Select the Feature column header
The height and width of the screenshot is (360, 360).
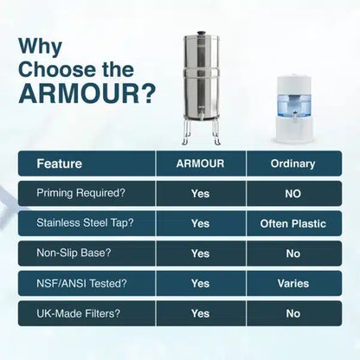(60, 163)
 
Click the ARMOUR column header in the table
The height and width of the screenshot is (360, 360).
(200, 163)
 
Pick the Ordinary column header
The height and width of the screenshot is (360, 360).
(292, 163)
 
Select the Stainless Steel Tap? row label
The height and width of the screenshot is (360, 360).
(84, 223)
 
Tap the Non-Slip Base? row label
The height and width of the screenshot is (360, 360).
(72, 254)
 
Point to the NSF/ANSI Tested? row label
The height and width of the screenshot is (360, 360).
(81, 283)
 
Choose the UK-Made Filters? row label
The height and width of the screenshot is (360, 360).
(77, 312)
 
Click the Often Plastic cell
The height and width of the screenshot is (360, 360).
(292, 223)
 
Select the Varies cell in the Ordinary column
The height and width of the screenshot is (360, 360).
(292, 283)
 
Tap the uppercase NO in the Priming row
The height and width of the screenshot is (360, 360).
(292, 194)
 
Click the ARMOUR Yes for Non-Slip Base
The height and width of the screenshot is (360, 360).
(200, 254)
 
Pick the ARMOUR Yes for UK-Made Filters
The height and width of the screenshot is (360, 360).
(200, 312)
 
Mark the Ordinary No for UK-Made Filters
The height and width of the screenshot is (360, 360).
(292, 312)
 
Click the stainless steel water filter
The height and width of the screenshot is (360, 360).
(201, 87)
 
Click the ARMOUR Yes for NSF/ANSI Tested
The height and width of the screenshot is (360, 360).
(200, 283)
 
